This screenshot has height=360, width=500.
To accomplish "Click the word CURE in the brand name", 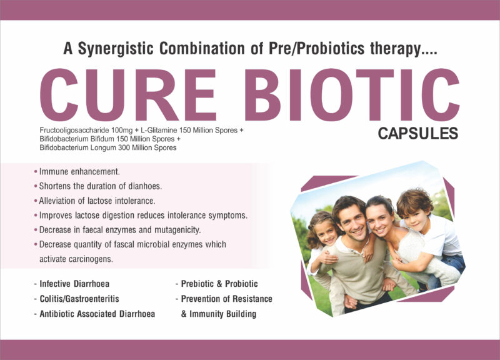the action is click(x=128, y=95).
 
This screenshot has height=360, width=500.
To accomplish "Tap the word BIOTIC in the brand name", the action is click(x=352, y=95).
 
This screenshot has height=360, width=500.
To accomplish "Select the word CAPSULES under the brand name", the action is click(x=418, y=133).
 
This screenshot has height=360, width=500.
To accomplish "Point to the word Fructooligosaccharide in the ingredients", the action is click(x=74, y=131).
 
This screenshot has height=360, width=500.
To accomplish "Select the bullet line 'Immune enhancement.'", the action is click(x=77, y=171).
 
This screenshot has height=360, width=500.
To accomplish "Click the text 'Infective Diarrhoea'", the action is click(x=74, y=284).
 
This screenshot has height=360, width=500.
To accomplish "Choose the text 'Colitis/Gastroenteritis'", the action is click(x=79, y=299).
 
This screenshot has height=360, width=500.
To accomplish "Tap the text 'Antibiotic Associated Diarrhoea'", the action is click(x=97, y=314).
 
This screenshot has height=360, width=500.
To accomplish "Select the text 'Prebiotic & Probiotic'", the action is click(x=219, y=284).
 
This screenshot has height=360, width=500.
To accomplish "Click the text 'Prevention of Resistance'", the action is click(x=227, y=299).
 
